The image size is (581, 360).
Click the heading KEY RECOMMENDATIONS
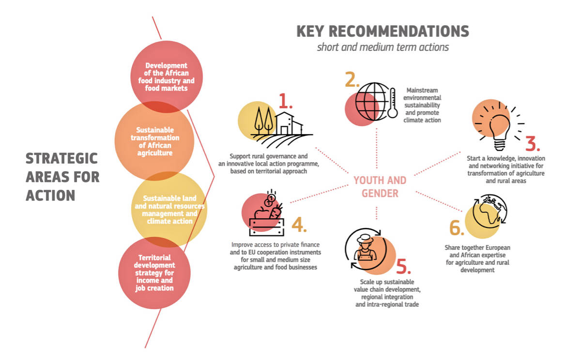pyautogui.click(x=382, y=31)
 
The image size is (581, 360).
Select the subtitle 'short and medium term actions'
pyautogui.click(x=382, y=47)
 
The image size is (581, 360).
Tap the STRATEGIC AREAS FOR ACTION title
pyautogui.click(x=62, y=177)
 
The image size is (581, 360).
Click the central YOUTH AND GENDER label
pyautogui.click(x=380, y=187)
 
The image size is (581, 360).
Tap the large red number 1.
pyautogui.click(x=286, y=100)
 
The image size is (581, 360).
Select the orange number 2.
pyautogui.click(x=352, y=79)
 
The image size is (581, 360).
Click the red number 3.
pyautogui.click(x=532, y=144)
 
